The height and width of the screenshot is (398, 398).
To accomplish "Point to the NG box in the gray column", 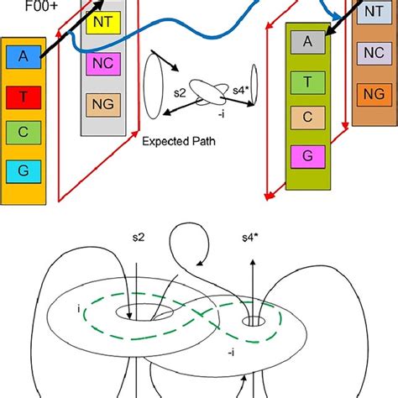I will tap(102, 104).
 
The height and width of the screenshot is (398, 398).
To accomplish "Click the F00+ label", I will tap(18, 10).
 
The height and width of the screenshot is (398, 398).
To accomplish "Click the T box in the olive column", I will tap(308, 81).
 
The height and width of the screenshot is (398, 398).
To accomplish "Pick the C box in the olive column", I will tap(308, 117).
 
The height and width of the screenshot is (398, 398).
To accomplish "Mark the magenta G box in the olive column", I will tap(308, 156).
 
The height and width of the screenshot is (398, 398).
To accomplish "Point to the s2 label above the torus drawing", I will tap(149, 240).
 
